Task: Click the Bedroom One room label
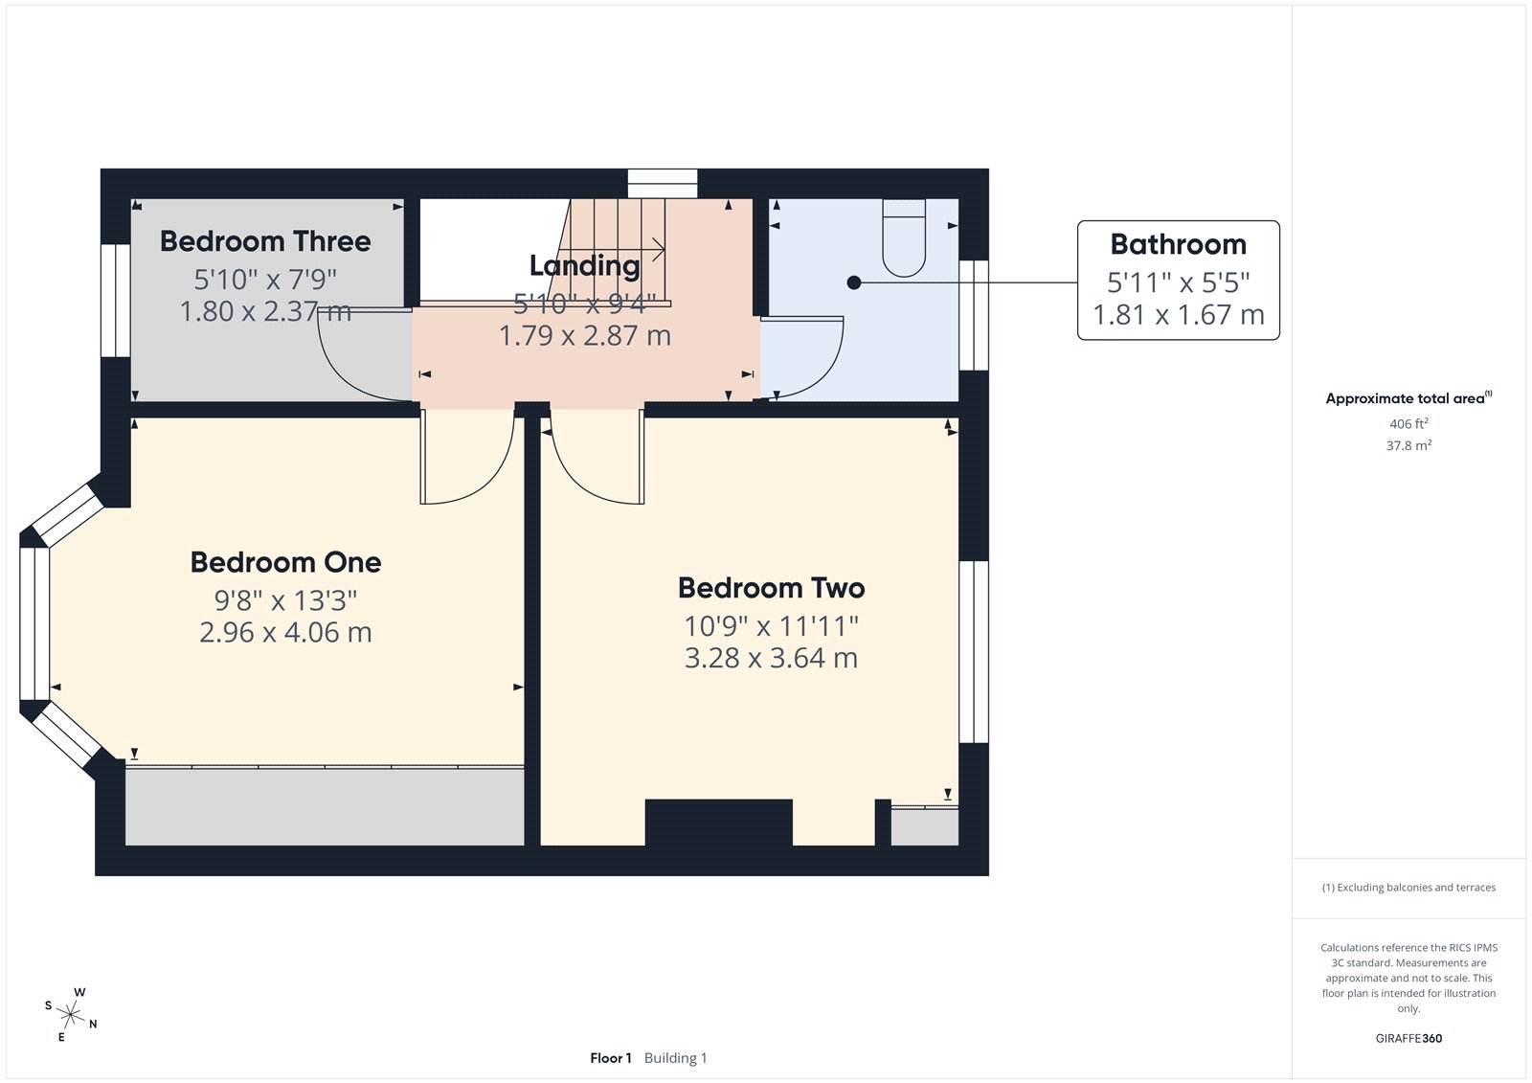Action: click(x=285, y=562)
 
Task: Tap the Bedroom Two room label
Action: click(x=771, y=588)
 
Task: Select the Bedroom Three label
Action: click(x=265, y=241)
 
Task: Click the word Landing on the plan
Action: click(x=584, y=265)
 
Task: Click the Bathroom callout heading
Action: click(x=1178, y=245)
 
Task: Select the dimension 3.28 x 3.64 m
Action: click(x=771, y=659)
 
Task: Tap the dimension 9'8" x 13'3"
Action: click(x=285, y=600)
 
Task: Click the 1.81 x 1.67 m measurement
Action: click(x=1178, y=315)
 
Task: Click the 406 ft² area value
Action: click(x=1408, y=423)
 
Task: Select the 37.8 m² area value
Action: click(x=1408, y=445)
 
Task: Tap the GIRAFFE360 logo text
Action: click(x=1408, y=1038)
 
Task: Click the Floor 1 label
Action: click(x=611, y=1058)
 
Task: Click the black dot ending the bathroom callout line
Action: click(x=854, y=282)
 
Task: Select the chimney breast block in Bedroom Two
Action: click(x=718, y=822)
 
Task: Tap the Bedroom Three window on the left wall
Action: click(x=115, y=300)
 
